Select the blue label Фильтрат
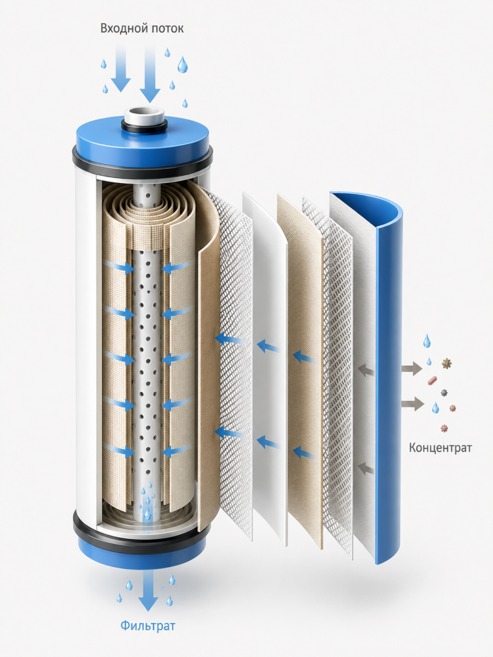pyautogui.click(x=148, y=626)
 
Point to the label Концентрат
pyautogui.click(x=440, y=448)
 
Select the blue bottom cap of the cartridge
pyautogui.click(x=142, y=550)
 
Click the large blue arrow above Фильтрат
pyautogui.click(x=148, y=591)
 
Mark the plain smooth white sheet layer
pyautogui.click(x=266, y=369)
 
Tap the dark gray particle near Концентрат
pyautogui.click(x=444, y=393)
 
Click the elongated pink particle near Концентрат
pyautogui.click(x=433, y=380)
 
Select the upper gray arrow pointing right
pyautogui.click(x=411, y=368)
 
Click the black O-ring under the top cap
pyautogui.click(x=142, y=162)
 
